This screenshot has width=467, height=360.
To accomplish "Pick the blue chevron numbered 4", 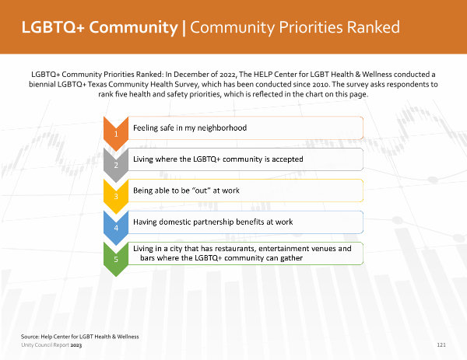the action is pyautogui.click(x=116, y=228).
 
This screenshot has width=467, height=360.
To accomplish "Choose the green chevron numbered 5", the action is pyautogui.click(x=116, y=259).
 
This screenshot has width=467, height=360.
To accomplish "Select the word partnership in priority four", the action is pyautogui.click(x=213, y=222).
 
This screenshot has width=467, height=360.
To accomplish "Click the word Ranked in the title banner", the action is pyautogui.click(x=373, y=27).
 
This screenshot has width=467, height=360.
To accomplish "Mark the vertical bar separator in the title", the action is pyautogui.click(x=184, y=28).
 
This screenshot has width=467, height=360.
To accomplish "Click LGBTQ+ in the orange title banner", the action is pyautogui.click(x=53, y=27).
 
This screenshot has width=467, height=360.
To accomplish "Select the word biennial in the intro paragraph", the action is pyautogui.click(x=42, y=84).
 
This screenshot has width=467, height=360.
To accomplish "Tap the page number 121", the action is pyautogui.click(x=441, y=344).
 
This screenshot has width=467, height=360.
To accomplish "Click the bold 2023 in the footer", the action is pyautogui.click(x=76, y=345).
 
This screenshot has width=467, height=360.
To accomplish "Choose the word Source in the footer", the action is pyautogui.click(x=30, y=337).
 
